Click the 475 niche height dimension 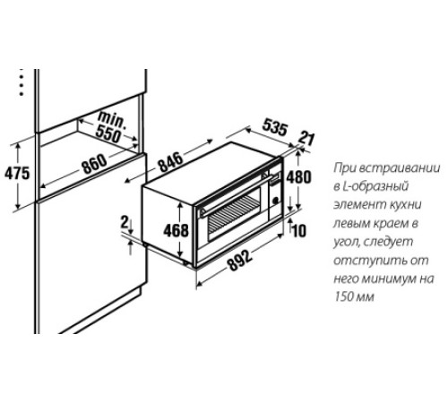click(x=17, y=174)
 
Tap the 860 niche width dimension click(x=94, y=164)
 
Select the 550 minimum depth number click(x=108, y=135)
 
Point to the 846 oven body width click(x=171, y=162)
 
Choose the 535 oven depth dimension click(x=275, y=127)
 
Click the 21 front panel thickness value click(x=306, y=138)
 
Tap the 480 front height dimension click(x=298, y=177)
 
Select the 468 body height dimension click(x=177, y=230)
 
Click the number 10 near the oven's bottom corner click(x=299, y=231)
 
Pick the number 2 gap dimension click(x=125, y=222)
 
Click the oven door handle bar click(x=236, y=195)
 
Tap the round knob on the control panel click(x=275, y=201)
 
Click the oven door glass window click(x=234, y=216)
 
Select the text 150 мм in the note click(x=354, y=297)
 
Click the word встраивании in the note click(x=400, y=167)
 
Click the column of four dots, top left click(x=22, y=82)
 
